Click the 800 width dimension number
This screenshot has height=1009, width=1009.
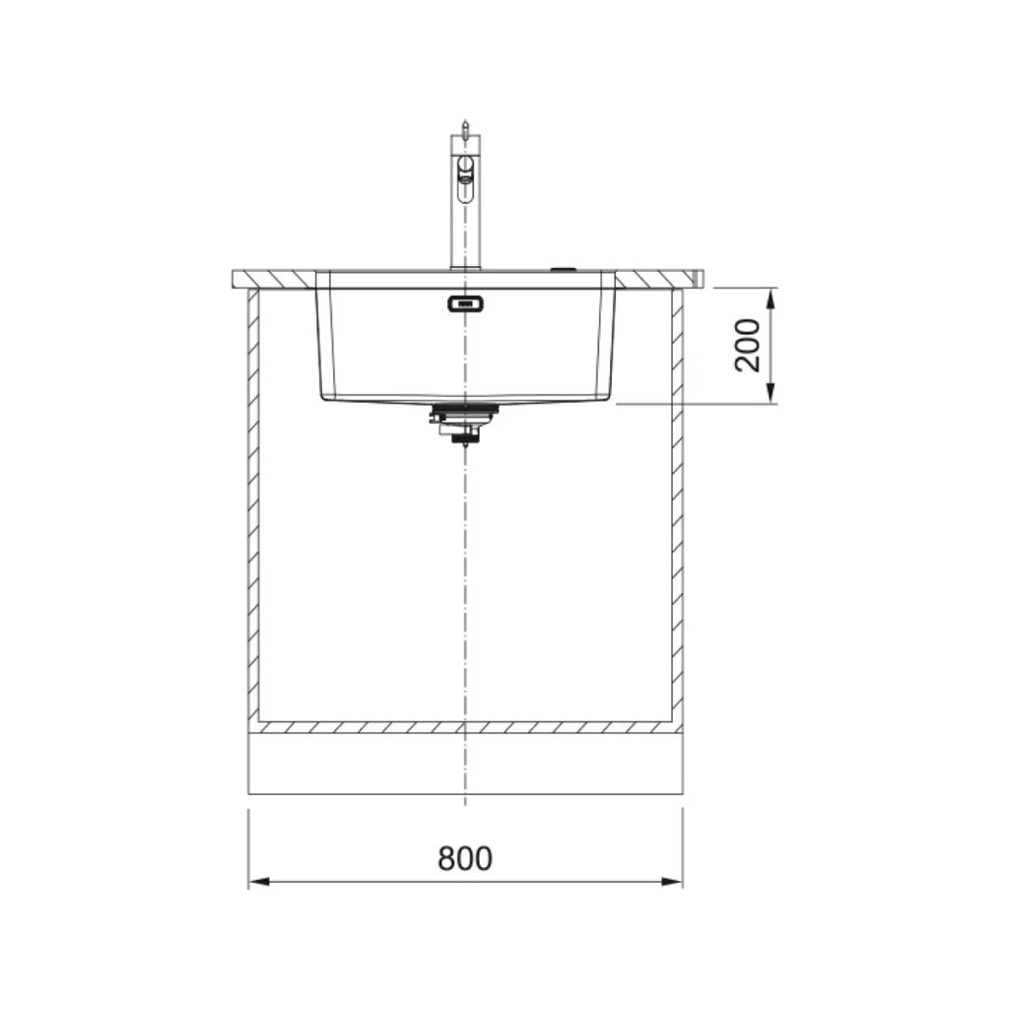(x=464, y=858)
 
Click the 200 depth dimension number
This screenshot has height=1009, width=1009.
(x=749, y=345)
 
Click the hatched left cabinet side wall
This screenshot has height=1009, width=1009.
(x=253, y=503)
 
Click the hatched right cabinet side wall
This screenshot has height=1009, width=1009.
(x=678, y=503)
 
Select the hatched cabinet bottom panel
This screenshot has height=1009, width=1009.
(x=465, y=727)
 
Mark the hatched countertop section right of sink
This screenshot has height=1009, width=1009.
(x=655, y=278)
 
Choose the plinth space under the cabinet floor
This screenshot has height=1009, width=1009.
(x=465, y=765)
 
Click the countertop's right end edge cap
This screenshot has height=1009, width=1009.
(x=699, y=278)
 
